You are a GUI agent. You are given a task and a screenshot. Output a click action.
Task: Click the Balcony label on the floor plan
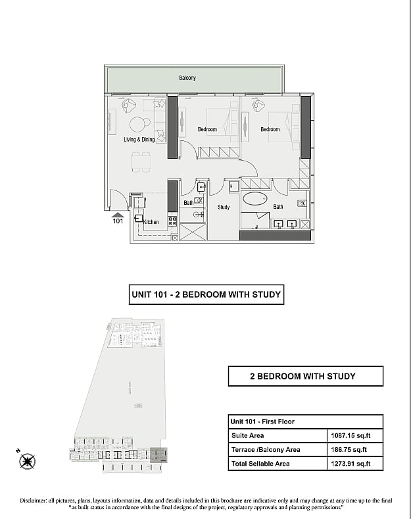tap(187, 78)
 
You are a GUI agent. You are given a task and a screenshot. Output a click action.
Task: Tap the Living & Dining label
tap(139, 140)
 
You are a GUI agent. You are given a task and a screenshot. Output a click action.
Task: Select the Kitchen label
tap(151, 222)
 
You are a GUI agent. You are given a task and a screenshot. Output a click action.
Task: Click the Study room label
tap(224, 207)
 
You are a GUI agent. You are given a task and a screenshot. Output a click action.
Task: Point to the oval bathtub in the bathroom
tap(254, 199)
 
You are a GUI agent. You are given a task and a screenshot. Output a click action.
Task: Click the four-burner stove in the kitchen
tap(172, 221)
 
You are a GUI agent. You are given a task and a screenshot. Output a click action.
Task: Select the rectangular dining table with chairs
tap(141, 162)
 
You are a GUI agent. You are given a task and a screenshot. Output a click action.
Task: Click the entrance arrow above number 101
tap(118, 215)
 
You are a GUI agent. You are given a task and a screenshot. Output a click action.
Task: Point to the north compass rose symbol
tap(27, 461)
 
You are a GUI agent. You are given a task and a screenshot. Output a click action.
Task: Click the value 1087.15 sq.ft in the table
tap(351, 435)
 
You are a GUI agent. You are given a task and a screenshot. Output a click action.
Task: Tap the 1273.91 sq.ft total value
tap(351, 464)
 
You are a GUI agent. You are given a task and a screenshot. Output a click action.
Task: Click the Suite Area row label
tap(248, 435)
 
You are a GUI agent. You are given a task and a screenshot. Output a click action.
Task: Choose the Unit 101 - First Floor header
tap(262, 422)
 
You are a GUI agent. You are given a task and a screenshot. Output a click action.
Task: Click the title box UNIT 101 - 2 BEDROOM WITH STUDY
tap(206, 294)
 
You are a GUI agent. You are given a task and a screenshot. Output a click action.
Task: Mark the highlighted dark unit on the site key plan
tap(158, 455)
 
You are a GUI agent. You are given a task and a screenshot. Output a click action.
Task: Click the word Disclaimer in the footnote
tap(33, 501)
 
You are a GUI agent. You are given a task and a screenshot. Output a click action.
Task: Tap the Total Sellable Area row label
tap(260, 464)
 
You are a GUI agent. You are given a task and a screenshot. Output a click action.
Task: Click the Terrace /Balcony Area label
tap(266, 449)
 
